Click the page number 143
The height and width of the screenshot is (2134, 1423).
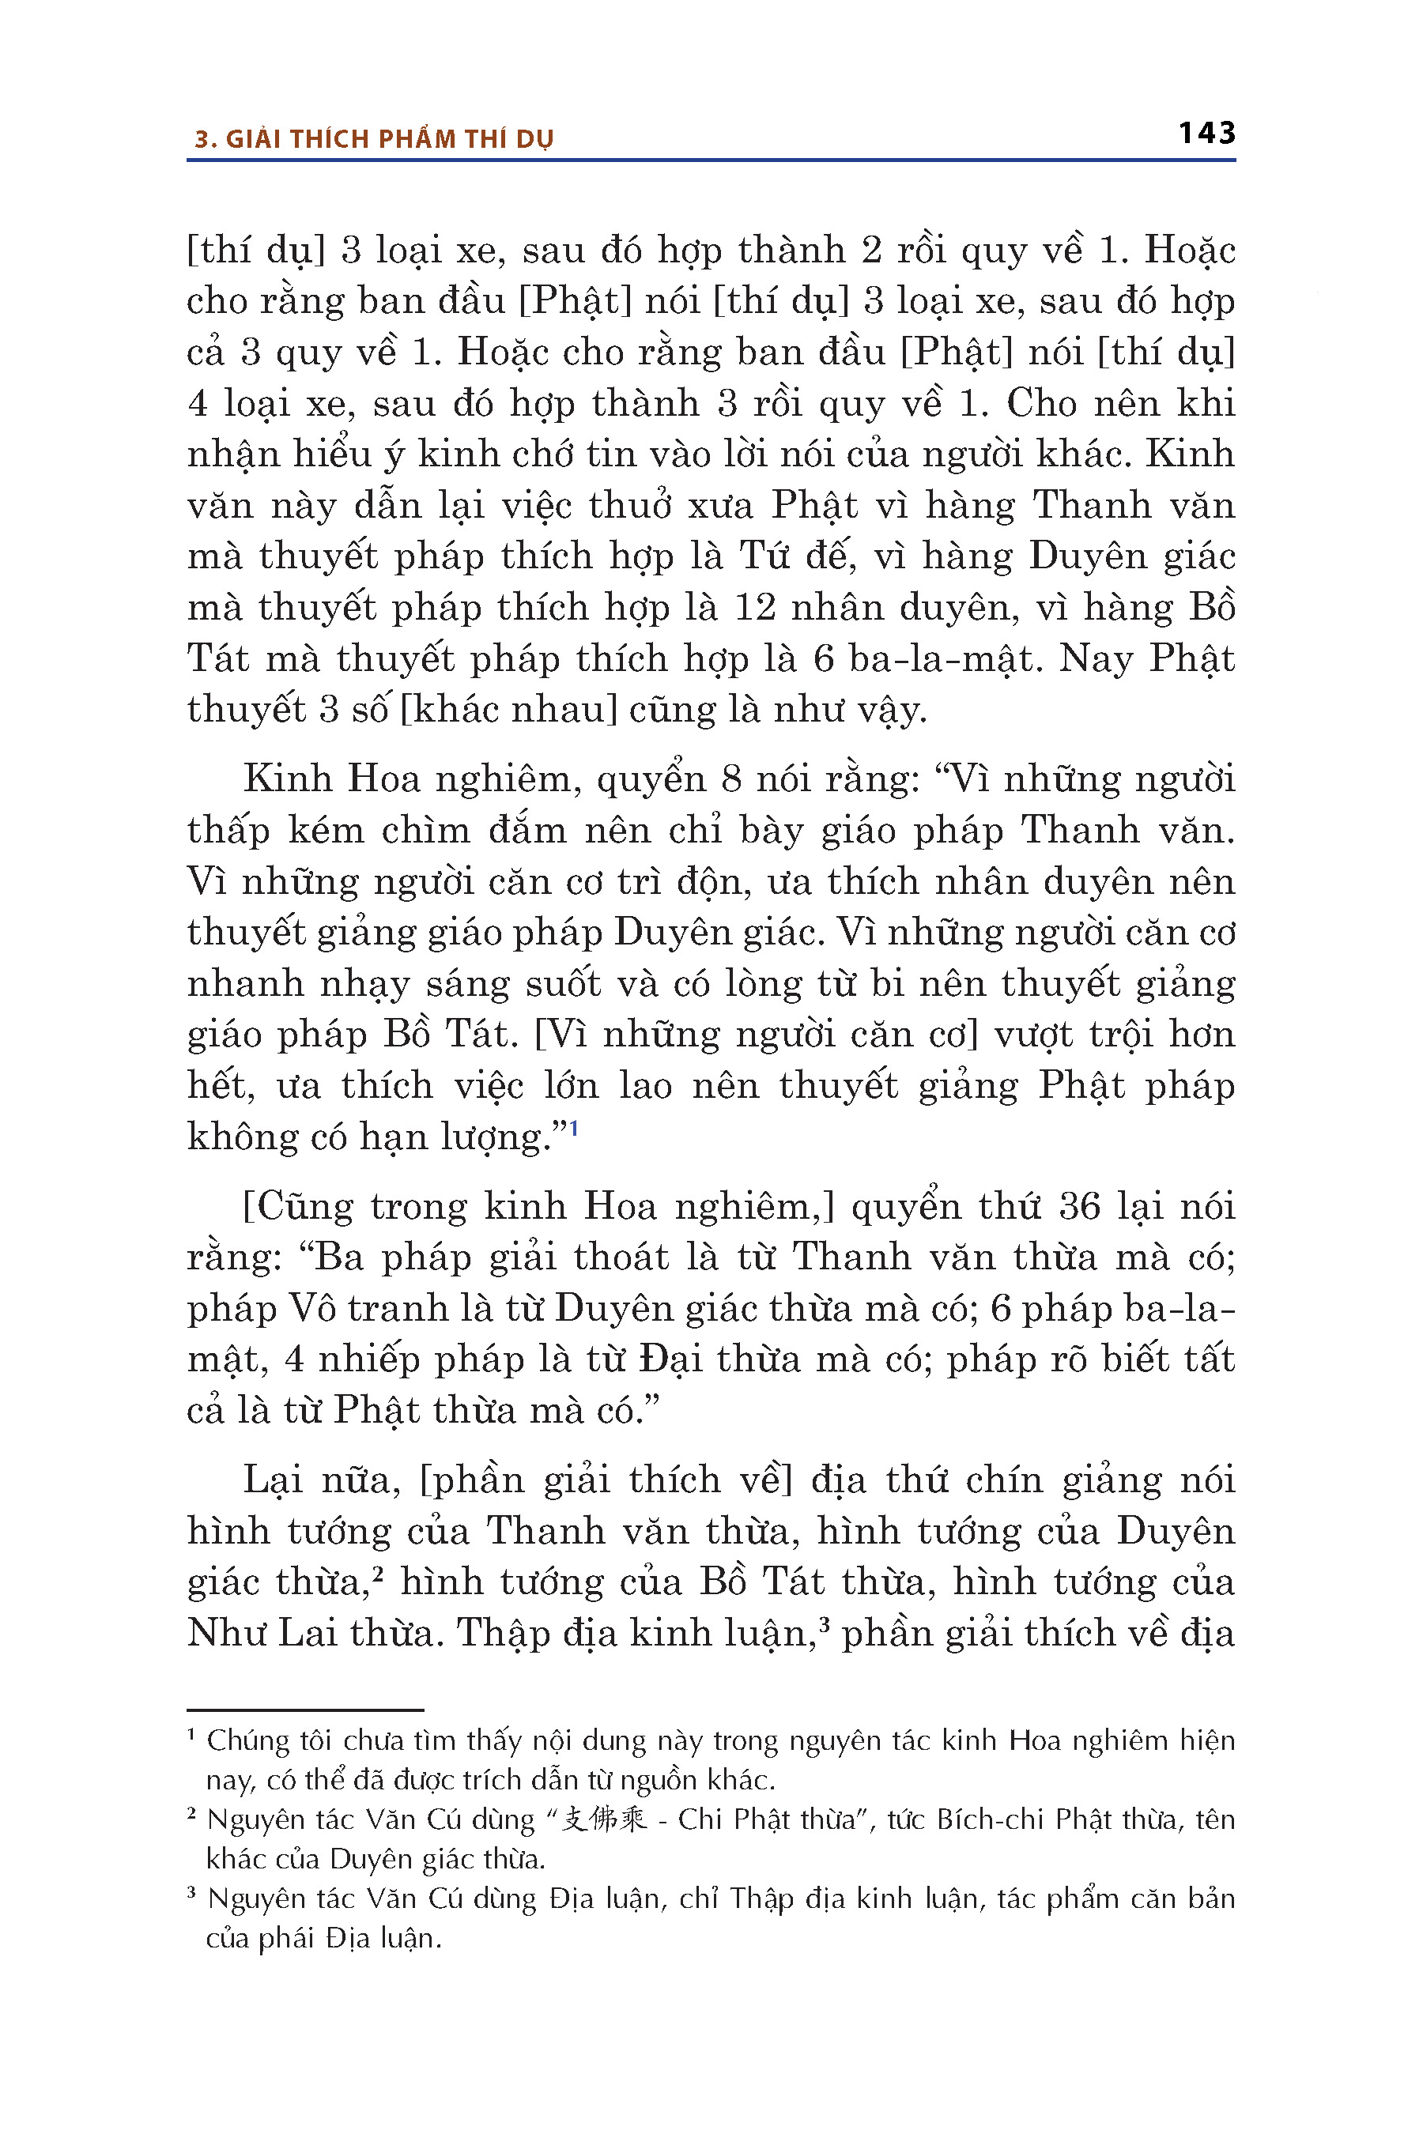click(x=1206, y=134)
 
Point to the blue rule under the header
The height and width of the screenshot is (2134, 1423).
click(x=711, y=160)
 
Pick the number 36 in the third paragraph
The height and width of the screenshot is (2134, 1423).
click(x=1079, y=1207)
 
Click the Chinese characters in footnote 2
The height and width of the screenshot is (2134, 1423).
click(x=603, y=1819)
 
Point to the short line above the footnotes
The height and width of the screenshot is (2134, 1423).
click(x=305, y=1710)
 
